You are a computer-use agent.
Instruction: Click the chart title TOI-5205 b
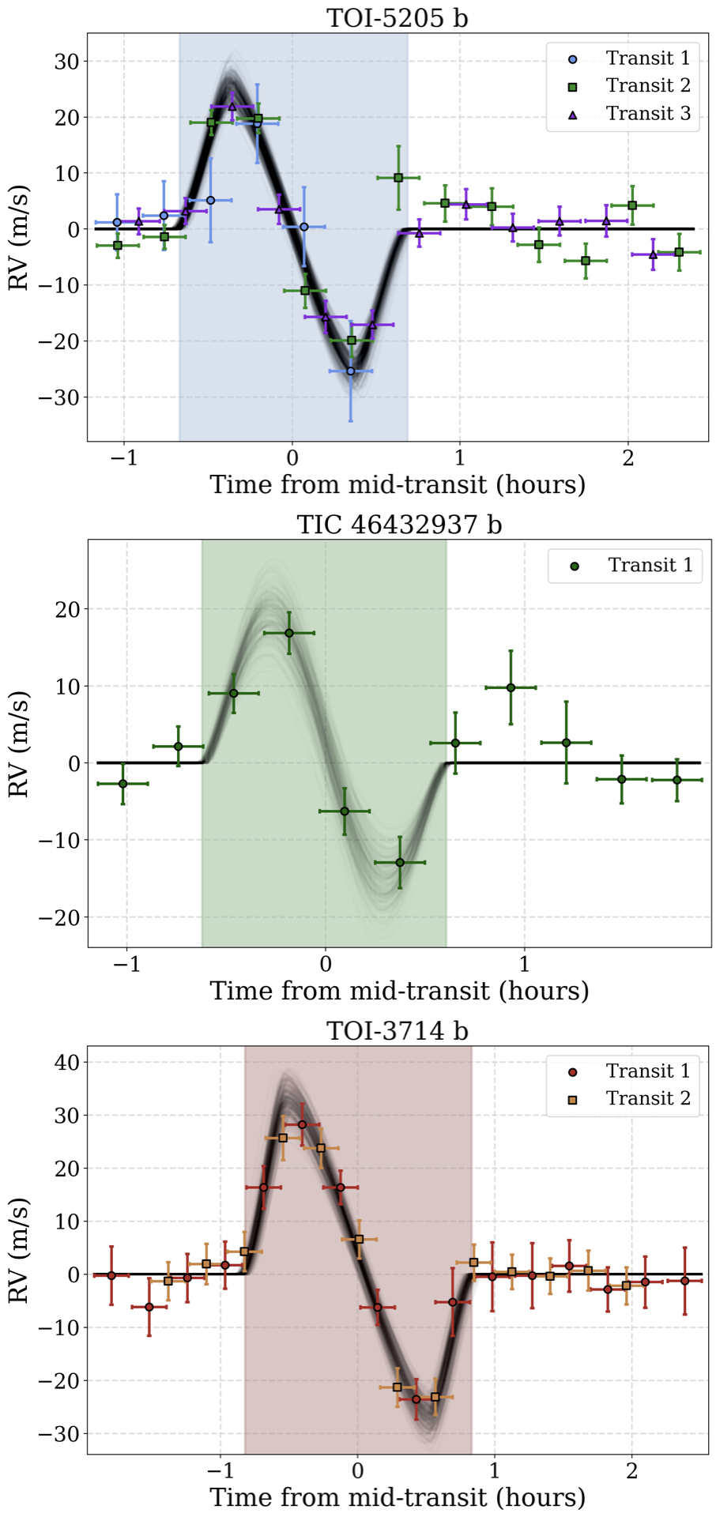(x=398, y=17)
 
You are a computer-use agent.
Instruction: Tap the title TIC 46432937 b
(x=399, y=524)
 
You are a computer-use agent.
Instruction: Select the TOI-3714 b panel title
(x=398, y=1030)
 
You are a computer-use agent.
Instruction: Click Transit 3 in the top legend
(x=648, y=114)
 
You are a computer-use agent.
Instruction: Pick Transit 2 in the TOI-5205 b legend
(x=648, y=85)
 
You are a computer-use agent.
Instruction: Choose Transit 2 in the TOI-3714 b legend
(x=648, y=1098)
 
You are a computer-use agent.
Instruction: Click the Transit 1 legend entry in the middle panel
(x=650, y=565)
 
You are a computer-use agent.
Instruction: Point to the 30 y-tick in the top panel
(x=66, y=62)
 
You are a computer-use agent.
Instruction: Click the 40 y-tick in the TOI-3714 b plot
(x=66, y=1063)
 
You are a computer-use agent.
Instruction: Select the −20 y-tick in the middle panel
(x=60, y=917)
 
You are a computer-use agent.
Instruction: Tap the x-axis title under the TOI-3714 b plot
(x=398, y=1497)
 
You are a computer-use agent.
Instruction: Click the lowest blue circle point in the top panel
(x=351, y=371)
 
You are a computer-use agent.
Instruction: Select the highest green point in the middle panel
(x=289, y=633)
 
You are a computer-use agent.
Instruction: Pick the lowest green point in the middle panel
(x=400, y=862)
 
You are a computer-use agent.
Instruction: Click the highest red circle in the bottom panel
(x=302, y=1124)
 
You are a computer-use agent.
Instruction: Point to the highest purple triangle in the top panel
(x=232, y=106)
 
